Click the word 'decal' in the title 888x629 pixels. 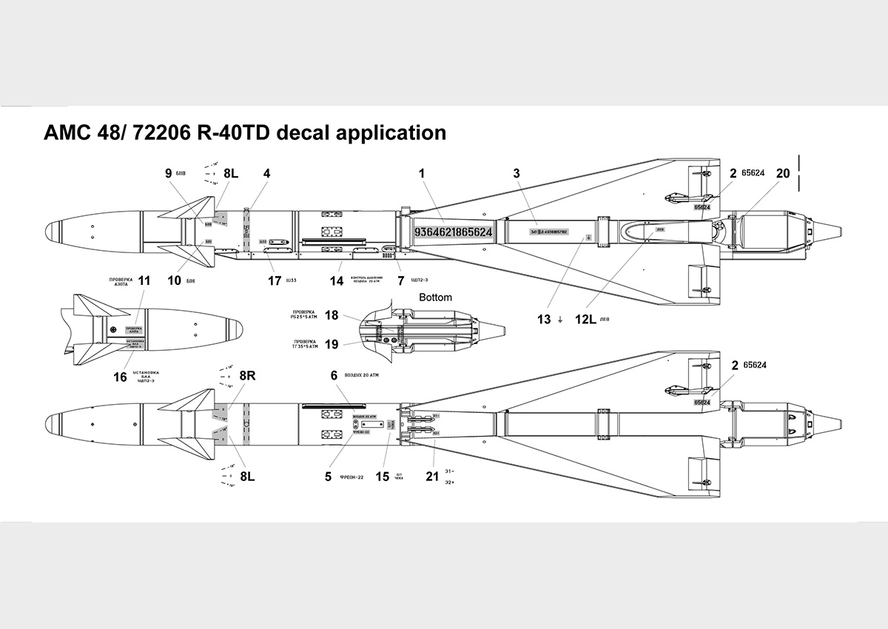pos(290,133)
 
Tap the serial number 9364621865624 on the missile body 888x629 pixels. pos(453,232)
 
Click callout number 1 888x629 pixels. pos(421,173)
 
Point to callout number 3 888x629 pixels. pos(517,173)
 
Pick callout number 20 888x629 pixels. pos(783,173)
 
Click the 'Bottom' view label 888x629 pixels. pos(435,297)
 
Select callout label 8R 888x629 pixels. pos(246,375)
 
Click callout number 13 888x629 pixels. pos(544,319)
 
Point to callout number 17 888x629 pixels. pos(275,280)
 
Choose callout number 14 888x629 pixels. pos(337,280)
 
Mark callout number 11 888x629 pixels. pos(144,280)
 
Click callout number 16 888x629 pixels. pos(120,377)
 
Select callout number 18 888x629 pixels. pos(332,315)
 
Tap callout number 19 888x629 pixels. pos(332,344)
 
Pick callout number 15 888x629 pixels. pos(382,477)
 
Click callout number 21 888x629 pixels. pos(432,477)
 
